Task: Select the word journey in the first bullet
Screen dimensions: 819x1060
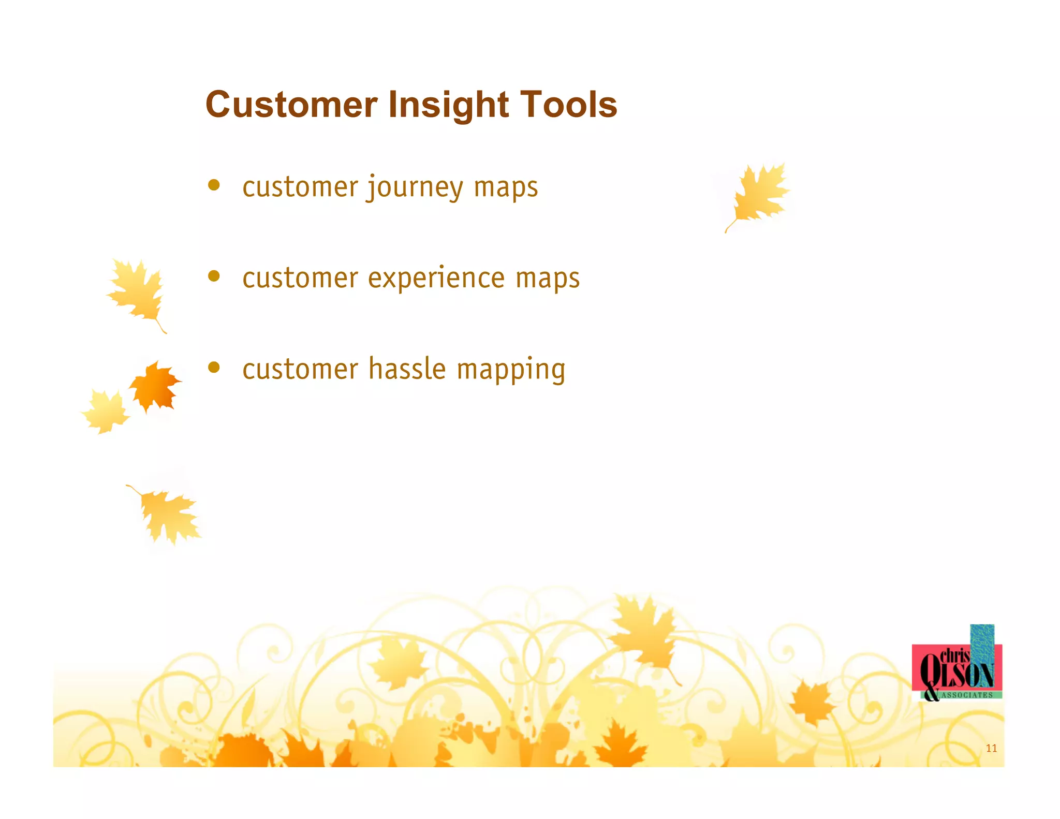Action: click(x=415, y=187)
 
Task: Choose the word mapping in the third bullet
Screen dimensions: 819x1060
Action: click(x=511, y=371)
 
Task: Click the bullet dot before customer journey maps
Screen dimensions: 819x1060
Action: click(x=214, y=185)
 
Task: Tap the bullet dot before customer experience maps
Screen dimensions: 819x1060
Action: click(x=214, y=276)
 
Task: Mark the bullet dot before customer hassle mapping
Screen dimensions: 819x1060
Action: click(x=214, y=367)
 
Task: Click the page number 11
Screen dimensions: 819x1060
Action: click(x=991, y=748)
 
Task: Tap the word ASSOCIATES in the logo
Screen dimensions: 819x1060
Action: click(x=967, y=695)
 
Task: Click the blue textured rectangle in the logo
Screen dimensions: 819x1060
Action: click(x=982, y=642)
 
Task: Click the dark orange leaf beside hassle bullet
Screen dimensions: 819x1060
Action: click(x=155, y=386)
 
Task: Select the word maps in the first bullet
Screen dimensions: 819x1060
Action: click(x=506, y=187)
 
